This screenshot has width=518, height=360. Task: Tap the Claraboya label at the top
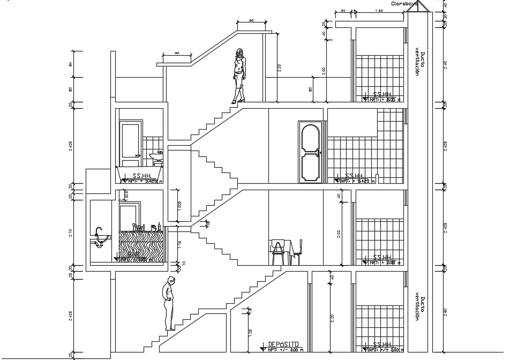point(403,3)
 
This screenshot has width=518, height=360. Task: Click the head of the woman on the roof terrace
point(240,53)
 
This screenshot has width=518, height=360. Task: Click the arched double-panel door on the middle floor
point(311,151)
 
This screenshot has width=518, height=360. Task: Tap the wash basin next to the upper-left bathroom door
point(156,156)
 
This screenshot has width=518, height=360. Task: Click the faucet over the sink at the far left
point(98,232)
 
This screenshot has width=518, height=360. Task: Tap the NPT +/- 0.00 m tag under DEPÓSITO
point(284,350)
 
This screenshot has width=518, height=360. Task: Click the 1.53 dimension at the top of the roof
point(379,10)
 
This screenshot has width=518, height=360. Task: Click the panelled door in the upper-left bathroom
point(130,145)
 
